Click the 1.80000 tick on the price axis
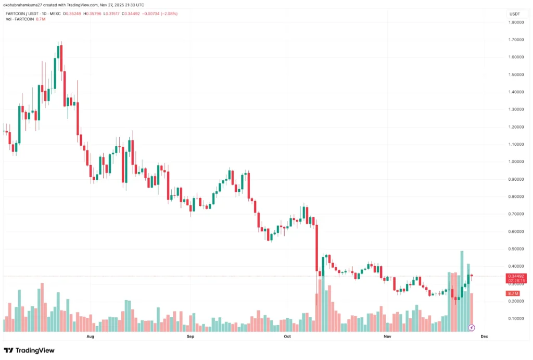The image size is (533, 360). pyautogui.click(x=516, y=22)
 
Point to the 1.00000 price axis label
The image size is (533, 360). pyautogui.click(x=516, y=162)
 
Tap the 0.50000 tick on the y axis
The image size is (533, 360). pyautogui.click(x=516, y=249)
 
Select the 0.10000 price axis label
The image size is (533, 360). pyautogui.click(x=516, y=318)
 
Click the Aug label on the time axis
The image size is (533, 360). pyautogui.click(x=90, y=337)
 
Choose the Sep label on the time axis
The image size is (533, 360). pyautogui.click(x=190, y=337)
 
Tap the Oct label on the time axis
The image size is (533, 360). pyautogui.click(x=287, y=337)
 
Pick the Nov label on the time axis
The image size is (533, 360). pyautogui.click(x=387, y=337)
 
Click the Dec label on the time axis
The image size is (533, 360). pyautogui.click(x=484, y=337)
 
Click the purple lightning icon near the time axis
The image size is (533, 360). pyautogui.click(x=472, y=328)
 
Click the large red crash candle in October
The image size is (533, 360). pyautogui.click(x=316, y=248)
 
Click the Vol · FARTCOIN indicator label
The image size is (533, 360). pyautogui.click(x=20, y=19)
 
